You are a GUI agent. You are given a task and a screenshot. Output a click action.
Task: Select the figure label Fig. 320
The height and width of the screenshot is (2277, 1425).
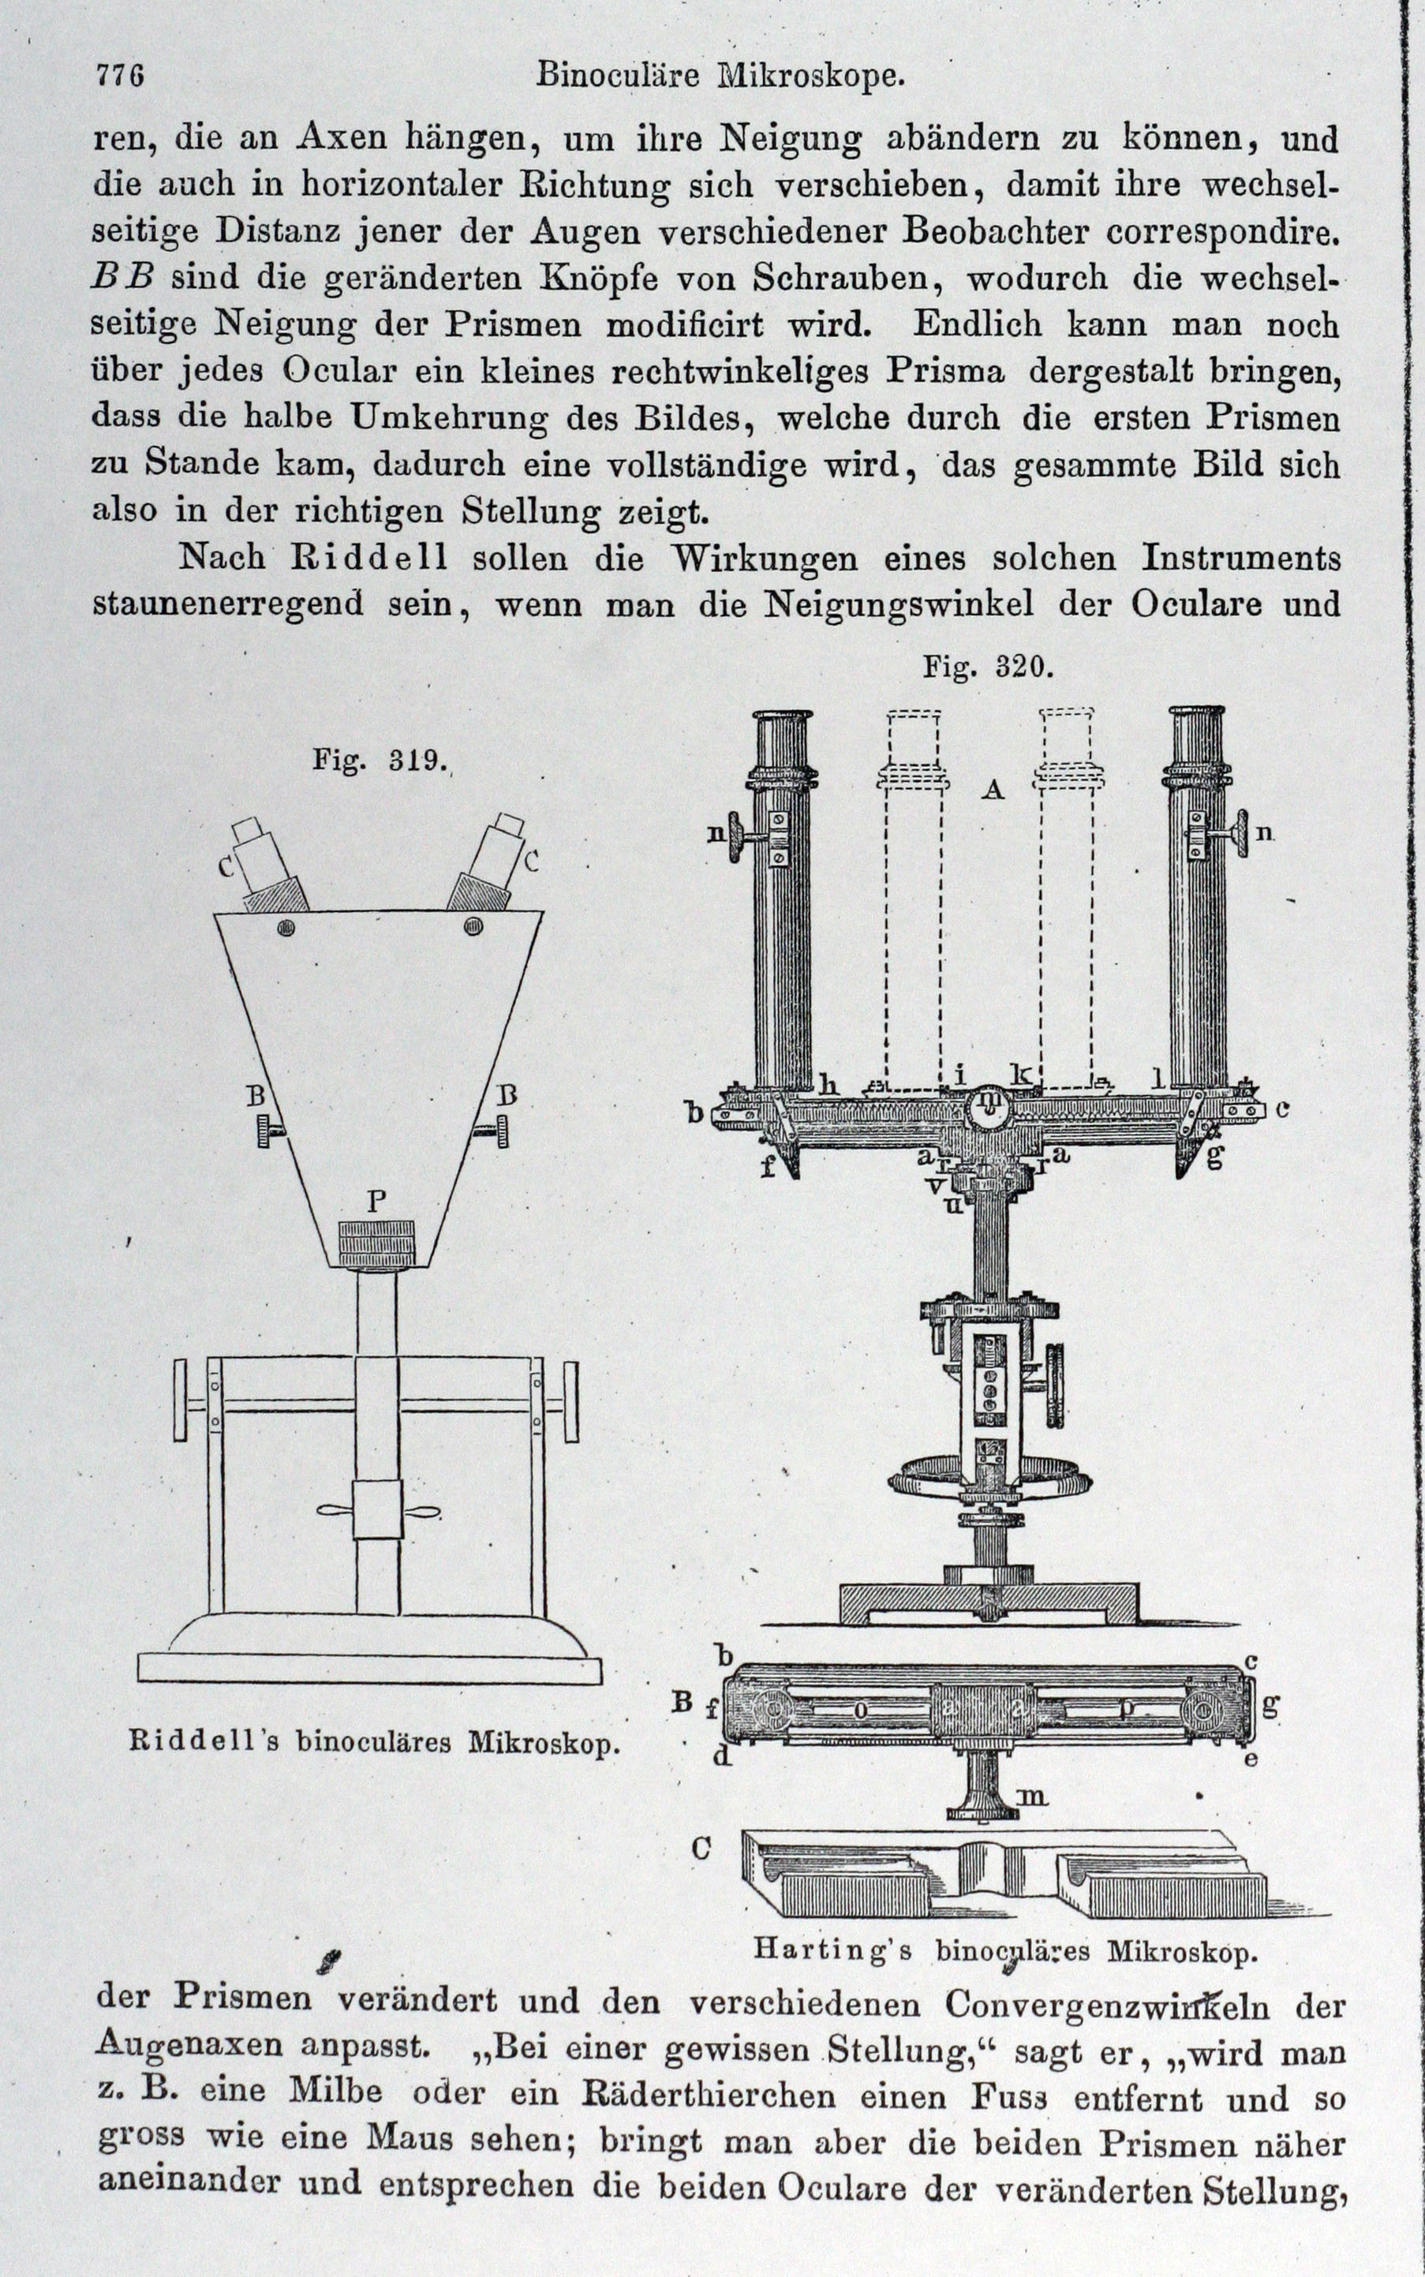(986, 667)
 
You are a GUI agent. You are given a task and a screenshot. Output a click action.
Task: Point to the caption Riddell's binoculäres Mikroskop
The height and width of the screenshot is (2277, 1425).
(374, 1743)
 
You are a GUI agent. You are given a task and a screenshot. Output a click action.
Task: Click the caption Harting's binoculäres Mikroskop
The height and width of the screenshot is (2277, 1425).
(1005, 1948)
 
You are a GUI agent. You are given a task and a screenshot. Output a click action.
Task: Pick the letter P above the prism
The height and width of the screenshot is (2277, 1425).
(376, 1202)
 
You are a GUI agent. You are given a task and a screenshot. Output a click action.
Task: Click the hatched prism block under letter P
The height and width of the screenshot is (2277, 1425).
(376, 1244)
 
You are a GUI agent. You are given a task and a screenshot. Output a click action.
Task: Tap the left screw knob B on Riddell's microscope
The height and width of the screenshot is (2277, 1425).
(267, 1129)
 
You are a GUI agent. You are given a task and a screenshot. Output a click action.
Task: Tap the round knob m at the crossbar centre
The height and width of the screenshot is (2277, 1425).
(989, 1101)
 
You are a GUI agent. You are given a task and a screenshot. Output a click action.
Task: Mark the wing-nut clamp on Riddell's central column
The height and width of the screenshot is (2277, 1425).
(377, 1511)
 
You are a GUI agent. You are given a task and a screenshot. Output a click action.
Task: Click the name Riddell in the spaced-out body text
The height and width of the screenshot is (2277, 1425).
(368, 558)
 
